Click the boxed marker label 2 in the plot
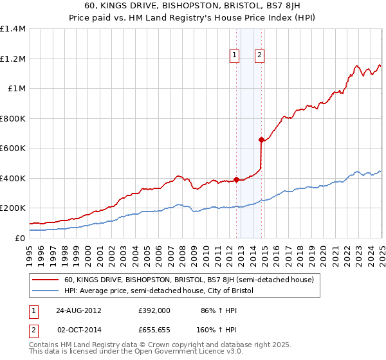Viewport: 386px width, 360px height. click(259, 56)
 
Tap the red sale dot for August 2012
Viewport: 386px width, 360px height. click(236, 179)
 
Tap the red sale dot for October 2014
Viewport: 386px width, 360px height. click(261, 139)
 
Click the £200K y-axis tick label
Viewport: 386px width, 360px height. click(13, 208)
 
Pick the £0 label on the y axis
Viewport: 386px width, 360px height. click(21, 238)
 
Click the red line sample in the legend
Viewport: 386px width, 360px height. click(46, 280)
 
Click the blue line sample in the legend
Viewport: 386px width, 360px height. click(46, 291)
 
